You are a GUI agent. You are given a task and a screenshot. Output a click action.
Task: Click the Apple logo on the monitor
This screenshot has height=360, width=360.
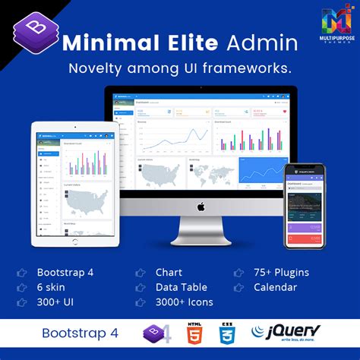pos(201,206)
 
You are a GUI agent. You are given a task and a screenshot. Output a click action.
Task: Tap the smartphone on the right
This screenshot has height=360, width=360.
pos(305,206)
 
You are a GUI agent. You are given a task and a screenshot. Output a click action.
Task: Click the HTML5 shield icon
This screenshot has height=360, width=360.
pos(195,333)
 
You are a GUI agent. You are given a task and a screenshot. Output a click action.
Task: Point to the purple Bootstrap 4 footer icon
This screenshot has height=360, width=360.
pos(156,333)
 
